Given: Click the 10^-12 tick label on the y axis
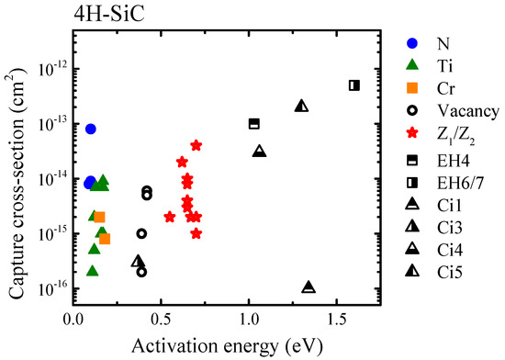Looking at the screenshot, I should click(50, 70).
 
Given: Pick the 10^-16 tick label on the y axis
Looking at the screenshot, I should click(50, 288).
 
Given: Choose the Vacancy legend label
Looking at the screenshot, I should click(465, 111).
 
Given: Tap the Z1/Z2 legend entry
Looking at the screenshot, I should click(456, 134).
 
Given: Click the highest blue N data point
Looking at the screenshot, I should click(90, 129).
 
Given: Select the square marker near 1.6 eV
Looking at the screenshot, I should click(353, 85).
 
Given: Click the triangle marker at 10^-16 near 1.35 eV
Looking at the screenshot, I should click(309, 287).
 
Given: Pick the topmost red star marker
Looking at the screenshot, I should click(196, 145).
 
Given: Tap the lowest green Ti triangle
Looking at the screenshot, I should click(92, 270).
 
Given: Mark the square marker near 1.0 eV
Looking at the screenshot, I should click(254, 123).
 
